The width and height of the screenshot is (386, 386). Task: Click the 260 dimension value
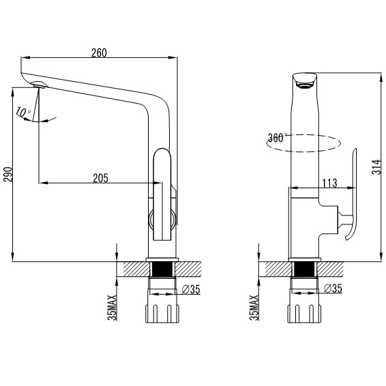click(99, 53)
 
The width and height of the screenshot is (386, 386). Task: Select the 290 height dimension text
click(8, 175)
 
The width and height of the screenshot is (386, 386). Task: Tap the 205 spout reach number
click(100, 178)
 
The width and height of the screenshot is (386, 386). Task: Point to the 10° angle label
click(23, 113)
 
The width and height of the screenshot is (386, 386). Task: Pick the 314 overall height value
click(376, 167)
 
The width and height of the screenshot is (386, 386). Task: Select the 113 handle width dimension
click(329, 183)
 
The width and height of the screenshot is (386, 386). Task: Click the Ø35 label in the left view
click(191, 289)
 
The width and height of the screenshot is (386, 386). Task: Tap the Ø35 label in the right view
click(333, 288)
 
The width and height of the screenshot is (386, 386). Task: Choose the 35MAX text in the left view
click(113, 308)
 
